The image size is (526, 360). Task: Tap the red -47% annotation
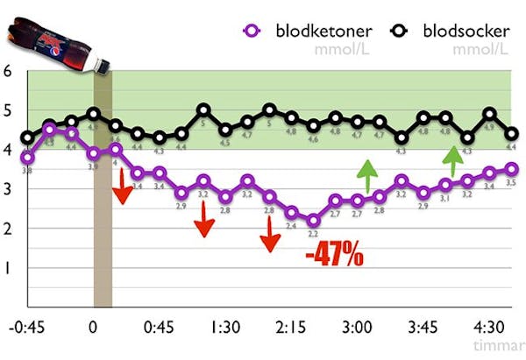pyautogui.click(x=334, y=257)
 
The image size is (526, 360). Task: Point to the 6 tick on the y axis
pyautogui.click(x=8, y=71)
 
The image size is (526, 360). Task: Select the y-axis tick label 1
pyautogui.click(x=8, y=269)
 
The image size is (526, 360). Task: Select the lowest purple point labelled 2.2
pyautogui.click(x=313, y=220)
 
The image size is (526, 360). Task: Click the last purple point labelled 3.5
pyautogui.click(x=512, y=169)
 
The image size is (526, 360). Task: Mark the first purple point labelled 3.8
pyautogui.click(x=27, y=158)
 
